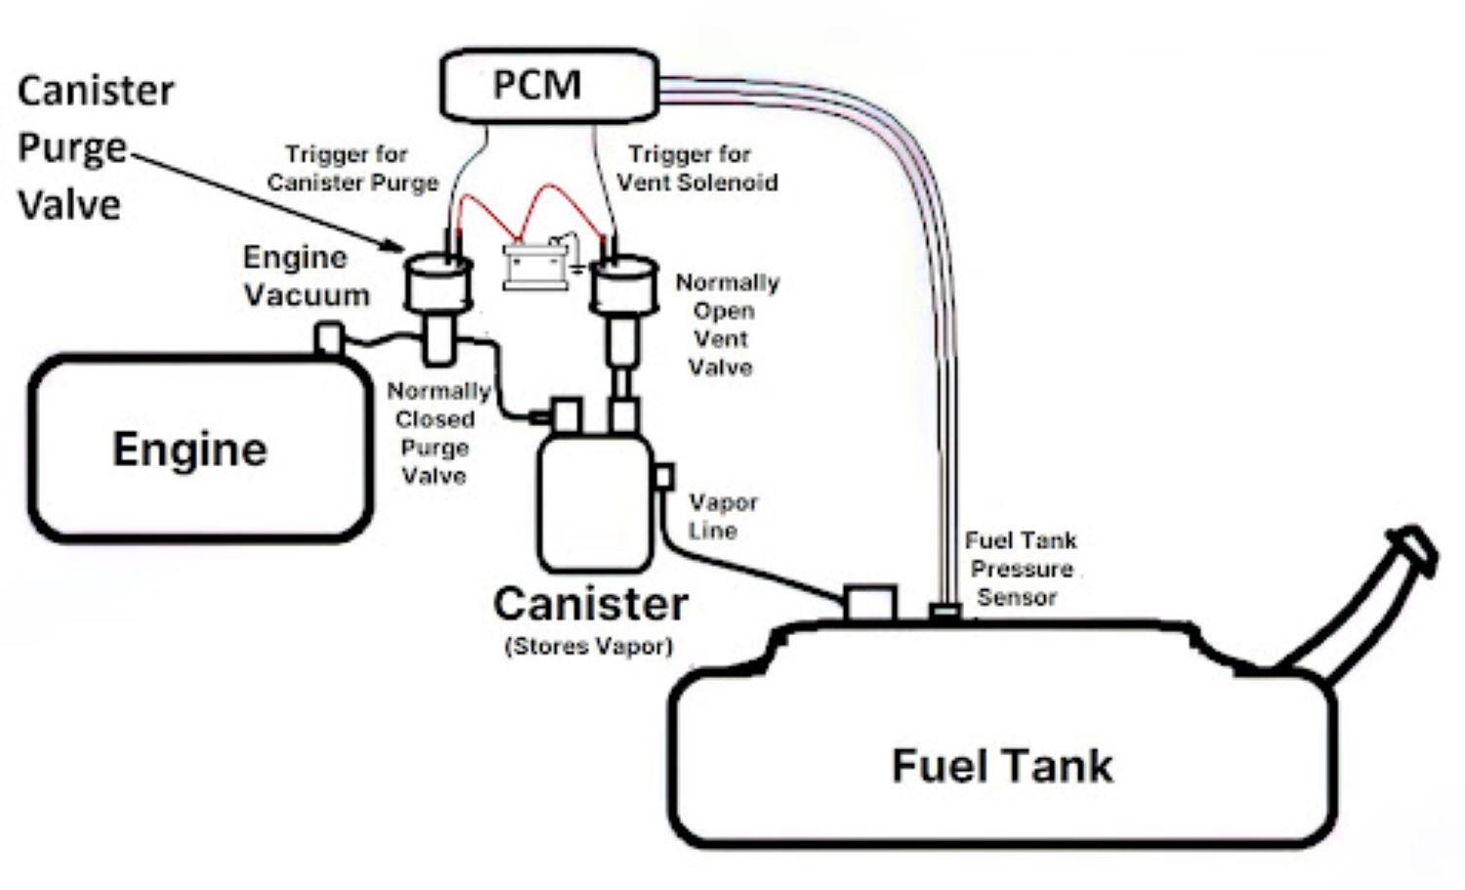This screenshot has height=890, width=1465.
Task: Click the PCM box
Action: tap(548, 85)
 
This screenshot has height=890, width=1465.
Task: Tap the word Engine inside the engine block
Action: tap(189, 449)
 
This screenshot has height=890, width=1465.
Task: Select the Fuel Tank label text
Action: tap(1002, 765)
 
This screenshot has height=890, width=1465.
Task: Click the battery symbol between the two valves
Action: tap(534, 266)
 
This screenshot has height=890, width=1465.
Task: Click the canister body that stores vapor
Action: tap(595, 503)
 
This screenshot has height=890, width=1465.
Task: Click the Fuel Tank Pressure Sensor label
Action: tap(1020, 569)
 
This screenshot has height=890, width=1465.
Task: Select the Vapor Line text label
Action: tap(723, 516)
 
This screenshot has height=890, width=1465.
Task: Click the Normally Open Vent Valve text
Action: tap(726, 324)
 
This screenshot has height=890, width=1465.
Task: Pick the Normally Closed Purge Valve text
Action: tap(436, 433)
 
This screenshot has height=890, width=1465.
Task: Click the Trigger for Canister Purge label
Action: tap(352, 168)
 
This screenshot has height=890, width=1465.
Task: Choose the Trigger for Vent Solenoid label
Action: tap(695, 168)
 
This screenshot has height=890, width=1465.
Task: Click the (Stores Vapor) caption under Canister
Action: tap(589, 646)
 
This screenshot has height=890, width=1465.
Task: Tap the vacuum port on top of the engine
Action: tap(328, 338)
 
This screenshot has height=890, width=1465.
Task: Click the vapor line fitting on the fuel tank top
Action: tap(869, 603)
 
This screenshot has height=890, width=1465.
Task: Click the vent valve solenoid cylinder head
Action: tap(623, 283)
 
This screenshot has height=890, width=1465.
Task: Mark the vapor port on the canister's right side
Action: tap(663, 477)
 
